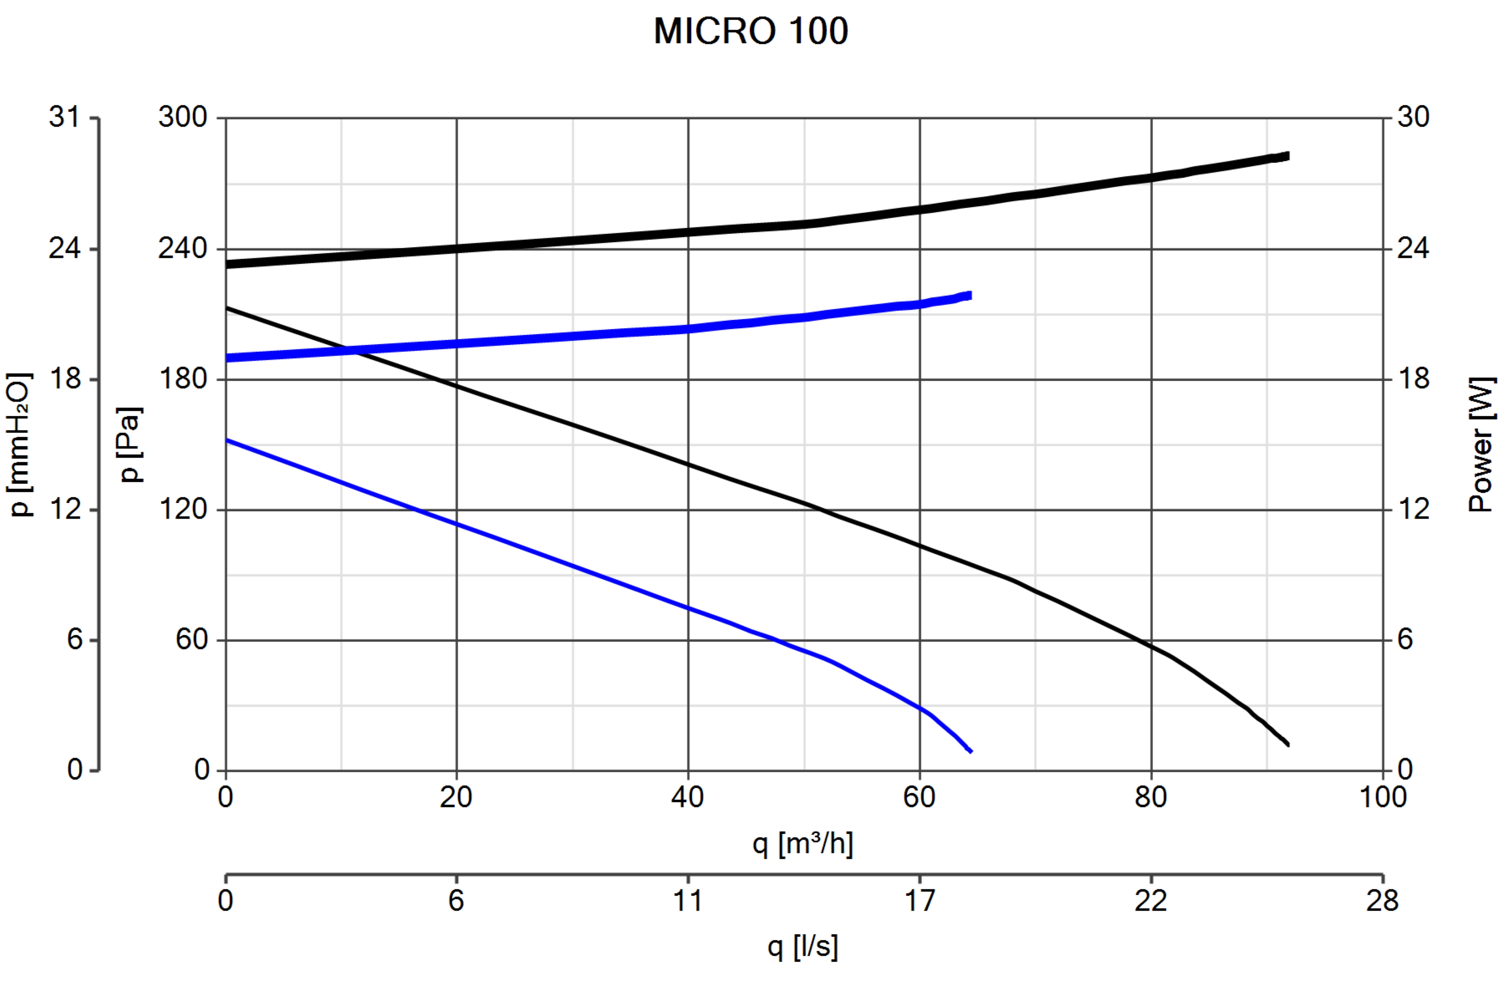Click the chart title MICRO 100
coord(750,31)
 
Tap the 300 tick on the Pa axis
coord(183,118)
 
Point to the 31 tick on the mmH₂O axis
coord(65,118)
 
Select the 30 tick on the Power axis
coord(1413,118)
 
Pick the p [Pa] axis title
coord(130,445)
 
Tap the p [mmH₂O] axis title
coord(19,445)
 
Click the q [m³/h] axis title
coord(802,844)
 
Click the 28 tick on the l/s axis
coord(1382,901)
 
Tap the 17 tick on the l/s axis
coord(919,901)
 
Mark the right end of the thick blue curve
coord(970,295)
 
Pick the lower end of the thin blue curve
coord(971,751)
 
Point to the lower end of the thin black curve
coord(1288,744)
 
